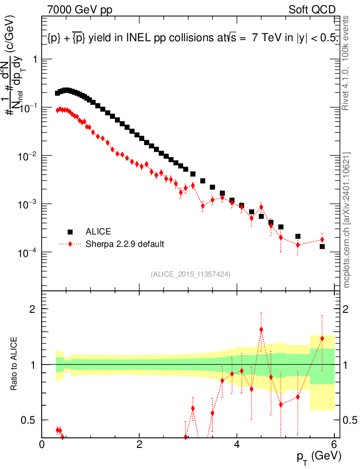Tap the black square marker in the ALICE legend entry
click(x=70, y=232)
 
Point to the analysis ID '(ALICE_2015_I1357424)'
click(x=190, y=274)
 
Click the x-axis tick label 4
click(x=237, y=444)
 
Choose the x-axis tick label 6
click(x=334, y=444)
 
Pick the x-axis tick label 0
click(x=42, y=444)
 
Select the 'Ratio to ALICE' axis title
click(x=14, y=364)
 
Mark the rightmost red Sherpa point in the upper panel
click(x=322, y=240)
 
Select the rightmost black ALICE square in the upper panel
click(x=322, y=246)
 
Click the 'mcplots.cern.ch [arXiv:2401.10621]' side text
click(x=347, y=220)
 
